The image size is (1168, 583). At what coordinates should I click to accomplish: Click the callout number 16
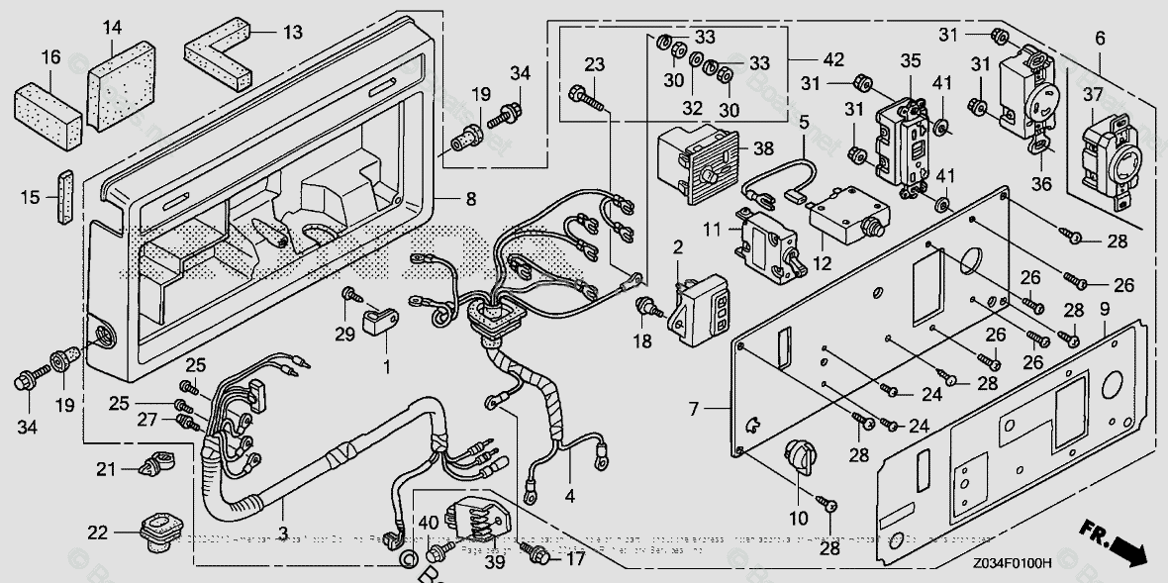49,58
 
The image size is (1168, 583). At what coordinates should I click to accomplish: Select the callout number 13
292,33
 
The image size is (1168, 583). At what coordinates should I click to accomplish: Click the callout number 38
762,148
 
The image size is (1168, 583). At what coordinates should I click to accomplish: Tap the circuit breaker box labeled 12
846,215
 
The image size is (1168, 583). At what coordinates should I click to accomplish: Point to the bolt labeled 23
588,98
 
